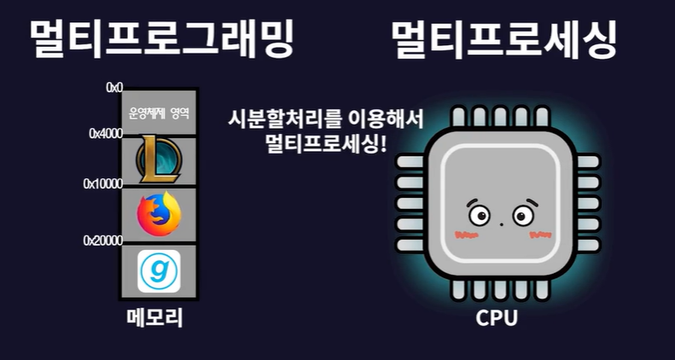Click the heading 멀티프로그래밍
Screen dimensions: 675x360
(161, 39)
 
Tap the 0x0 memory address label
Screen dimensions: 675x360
(114, 87)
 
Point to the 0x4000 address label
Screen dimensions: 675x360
(106, 134)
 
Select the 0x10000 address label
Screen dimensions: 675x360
(103, 183)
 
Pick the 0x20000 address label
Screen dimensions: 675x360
(103, 241)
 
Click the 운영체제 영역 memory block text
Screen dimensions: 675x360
(159, 112)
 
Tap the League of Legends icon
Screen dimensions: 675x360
(159, 159)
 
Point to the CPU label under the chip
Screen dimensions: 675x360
(497, 319)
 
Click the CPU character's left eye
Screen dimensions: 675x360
(478, 216)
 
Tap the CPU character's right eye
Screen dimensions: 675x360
(522, 216)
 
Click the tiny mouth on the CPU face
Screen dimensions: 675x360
(501, 224)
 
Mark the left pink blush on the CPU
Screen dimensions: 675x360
(465, 233)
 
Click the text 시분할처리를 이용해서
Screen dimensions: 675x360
(326, 118)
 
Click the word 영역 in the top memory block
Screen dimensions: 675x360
(178, 112)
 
